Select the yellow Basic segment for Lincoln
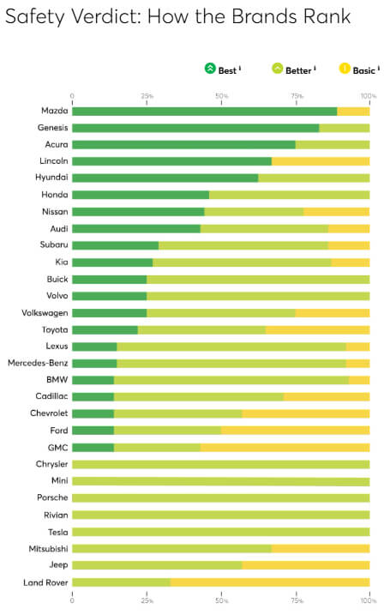[321, 161]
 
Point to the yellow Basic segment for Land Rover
[270, 582]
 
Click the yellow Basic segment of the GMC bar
[285, 448]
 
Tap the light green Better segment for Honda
[289, 195]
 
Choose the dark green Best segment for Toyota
[105, 330]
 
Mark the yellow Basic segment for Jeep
[306, 565]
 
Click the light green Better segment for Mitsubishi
[171, 548]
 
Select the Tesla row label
[55, 532]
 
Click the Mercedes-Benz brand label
[39, 364]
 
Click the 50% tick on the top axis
[221, 96]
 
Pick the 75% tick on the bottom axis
[296, 600]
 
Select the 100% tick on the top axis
[369, 96]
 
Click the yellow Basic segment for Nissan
[336, 212]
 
